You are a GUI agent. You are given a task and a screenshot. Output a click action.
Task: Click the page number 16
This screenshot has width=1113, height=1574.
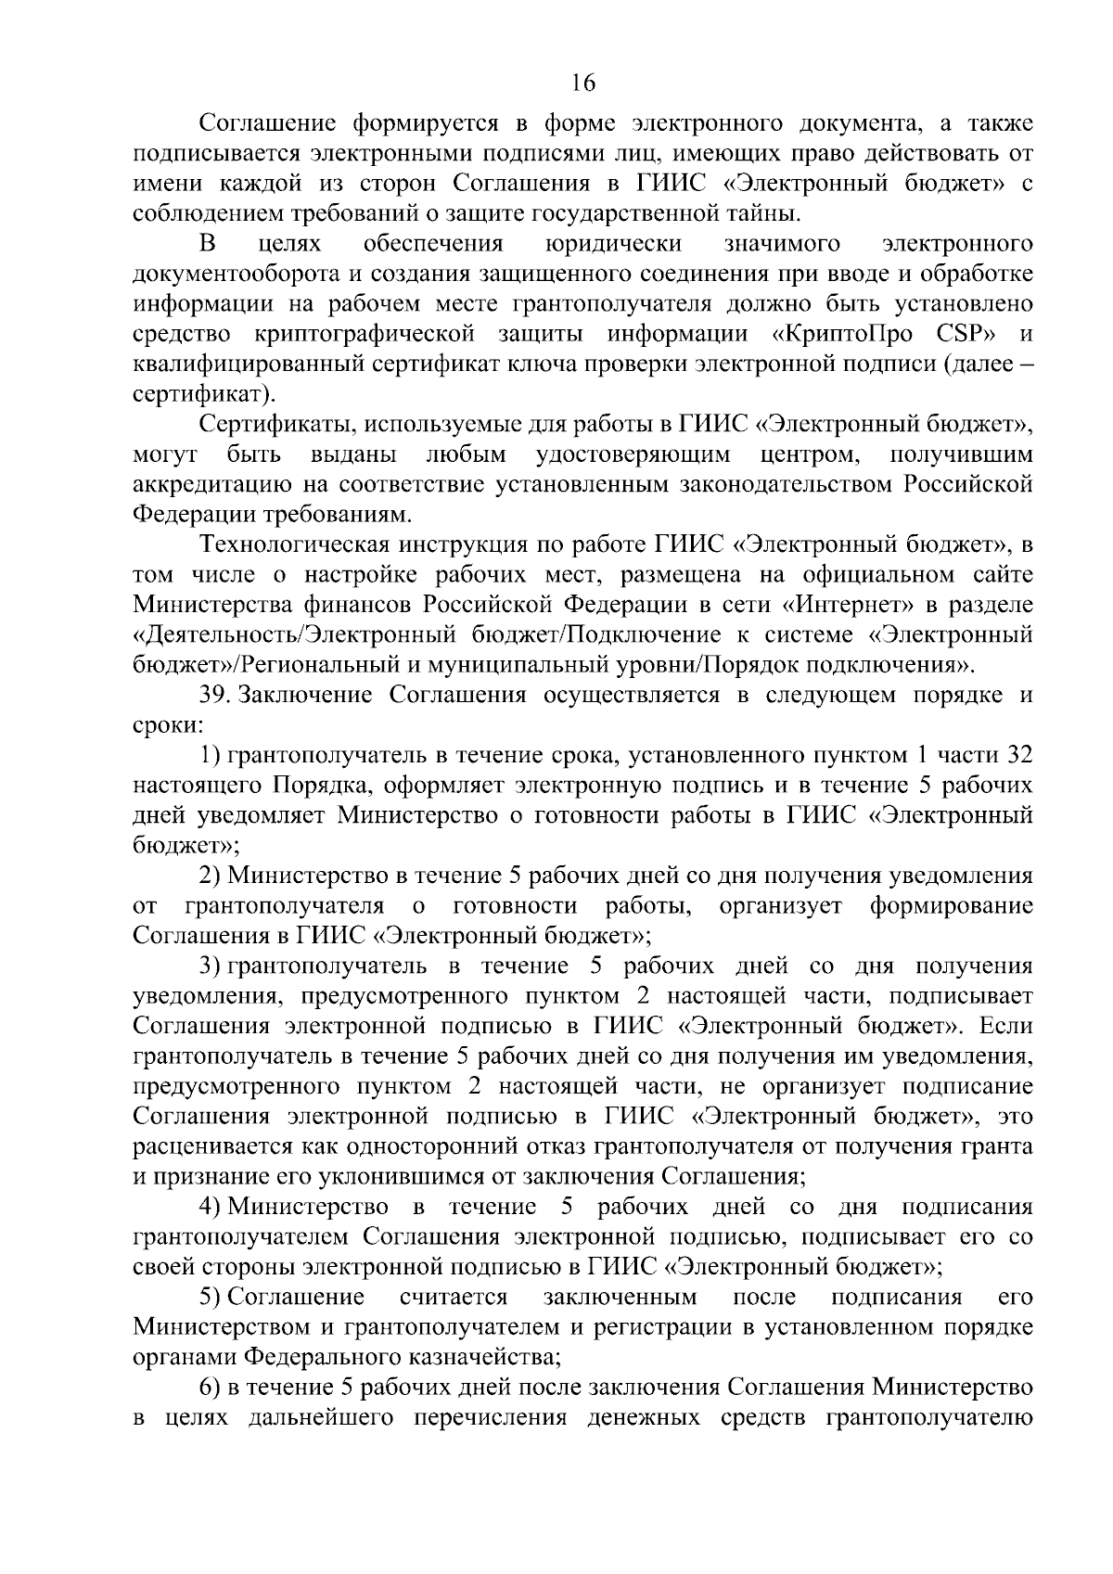tap(582, 83)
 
